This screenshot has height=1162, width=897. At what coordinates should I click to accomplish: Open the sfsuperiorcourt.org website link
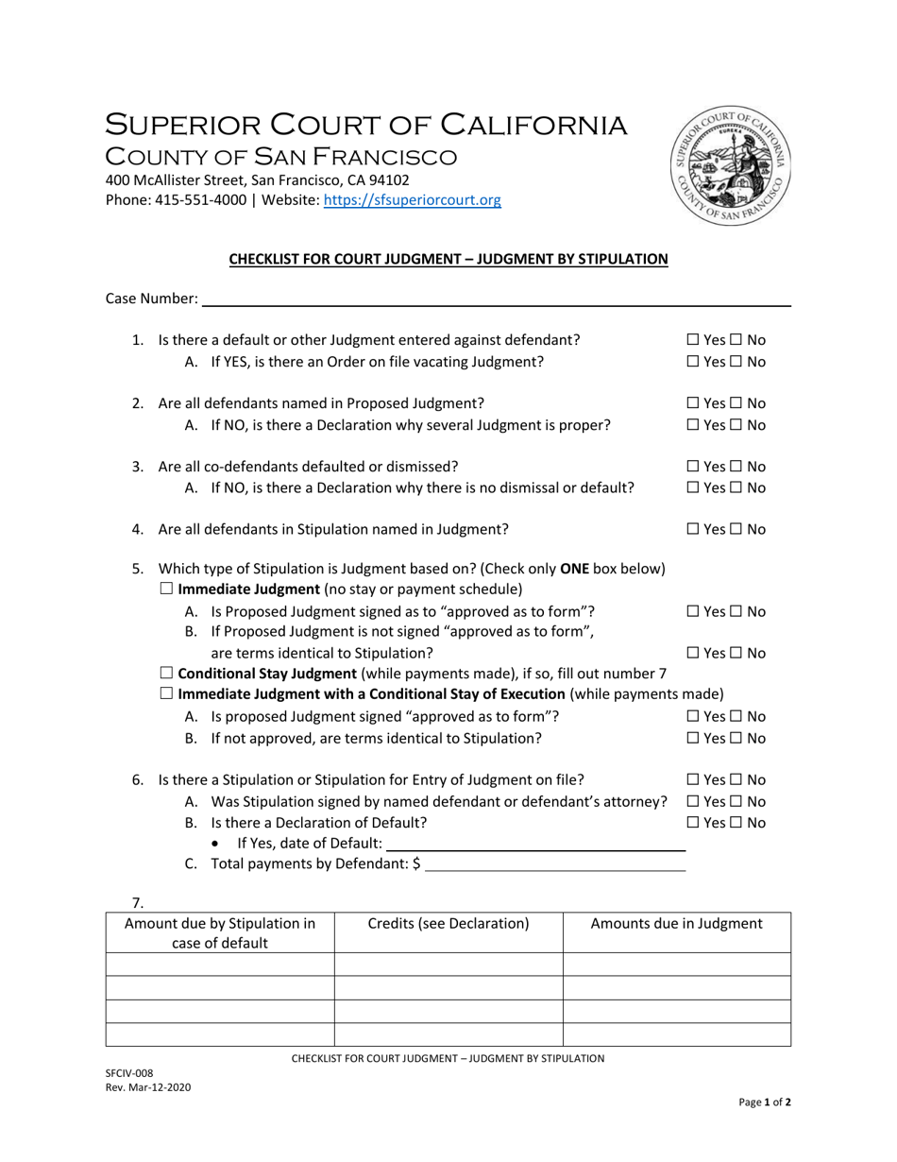tap(412, 200)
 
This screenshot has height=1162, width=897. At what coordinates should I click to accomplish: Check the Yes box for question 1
tap(692, 339)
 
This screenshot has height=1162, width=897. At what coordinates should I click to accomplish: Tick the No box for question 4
tap(736, 529)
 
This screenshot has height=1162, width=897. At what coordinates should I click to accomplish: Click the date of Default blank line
tap(535, 844)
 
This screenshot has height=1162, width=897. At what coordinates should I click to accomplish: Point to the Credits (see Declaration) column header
tap(448, 923)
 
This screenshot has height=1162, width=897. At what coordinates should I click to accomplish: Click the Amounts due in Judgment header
tap(676, 923)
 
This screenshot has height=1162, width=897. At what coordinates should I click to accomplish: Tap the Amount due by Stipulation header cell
tap(220, 932)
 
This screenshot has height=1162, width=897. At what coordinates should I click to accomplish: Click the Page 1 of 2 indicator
tap(765, 1102)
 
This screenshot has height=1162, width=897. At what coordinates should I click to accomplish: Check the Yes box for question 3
tap(692, 467)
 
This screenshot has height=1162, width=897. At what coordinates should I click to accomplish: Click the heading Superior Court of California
tap(365, 125)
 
